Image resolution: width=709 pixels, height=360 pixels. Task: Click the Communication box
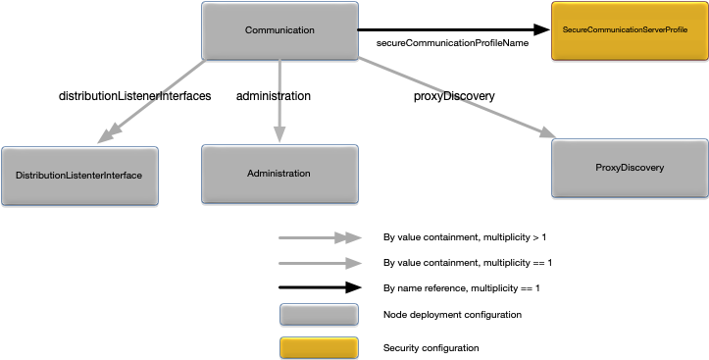point(279,30)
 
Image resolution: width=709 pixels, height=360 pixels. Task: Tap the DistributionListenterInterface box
point(79,176)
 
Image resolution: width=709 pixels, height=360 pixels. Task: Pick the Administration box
point(279,174)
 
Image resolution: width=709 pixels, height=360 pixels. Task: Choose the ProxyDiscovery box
point(630,168)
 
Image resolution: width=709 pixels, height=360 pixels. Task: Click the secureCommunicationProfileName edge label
point(452,44)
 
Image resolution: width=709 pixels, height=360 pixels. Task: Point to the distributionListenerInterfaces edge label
point(135,96)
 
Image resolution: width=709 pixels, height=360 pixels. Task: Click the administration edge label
point(274,96)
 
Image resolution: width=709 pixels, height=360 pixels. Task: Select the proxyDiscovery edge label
point(453,96)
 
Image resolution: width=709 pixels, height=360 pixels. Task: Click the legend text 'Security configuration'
point(430,348)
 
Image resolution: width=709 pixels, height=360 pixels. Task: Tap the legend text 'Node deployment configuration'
point(451,314)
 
